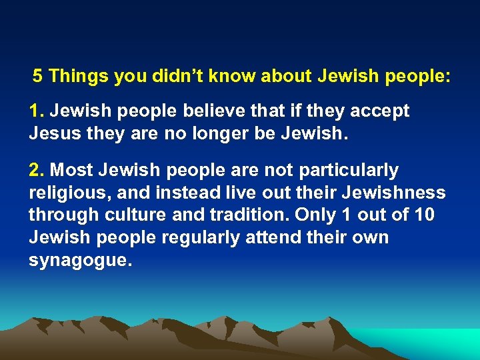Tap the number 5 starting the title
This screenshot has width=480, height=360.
[38, 76]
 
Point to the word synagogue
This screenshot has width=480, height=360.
[79, 261]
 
